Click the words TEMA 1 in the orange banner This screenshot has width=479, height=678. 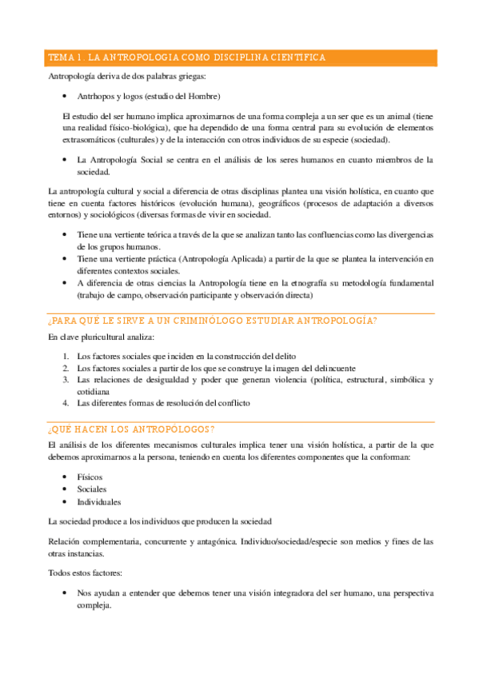(x=66, y=58)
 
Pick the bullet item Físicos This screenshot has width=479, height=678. (x=90, y=477)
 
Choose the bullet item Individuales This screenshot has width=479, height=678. (x=99, y=502)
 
